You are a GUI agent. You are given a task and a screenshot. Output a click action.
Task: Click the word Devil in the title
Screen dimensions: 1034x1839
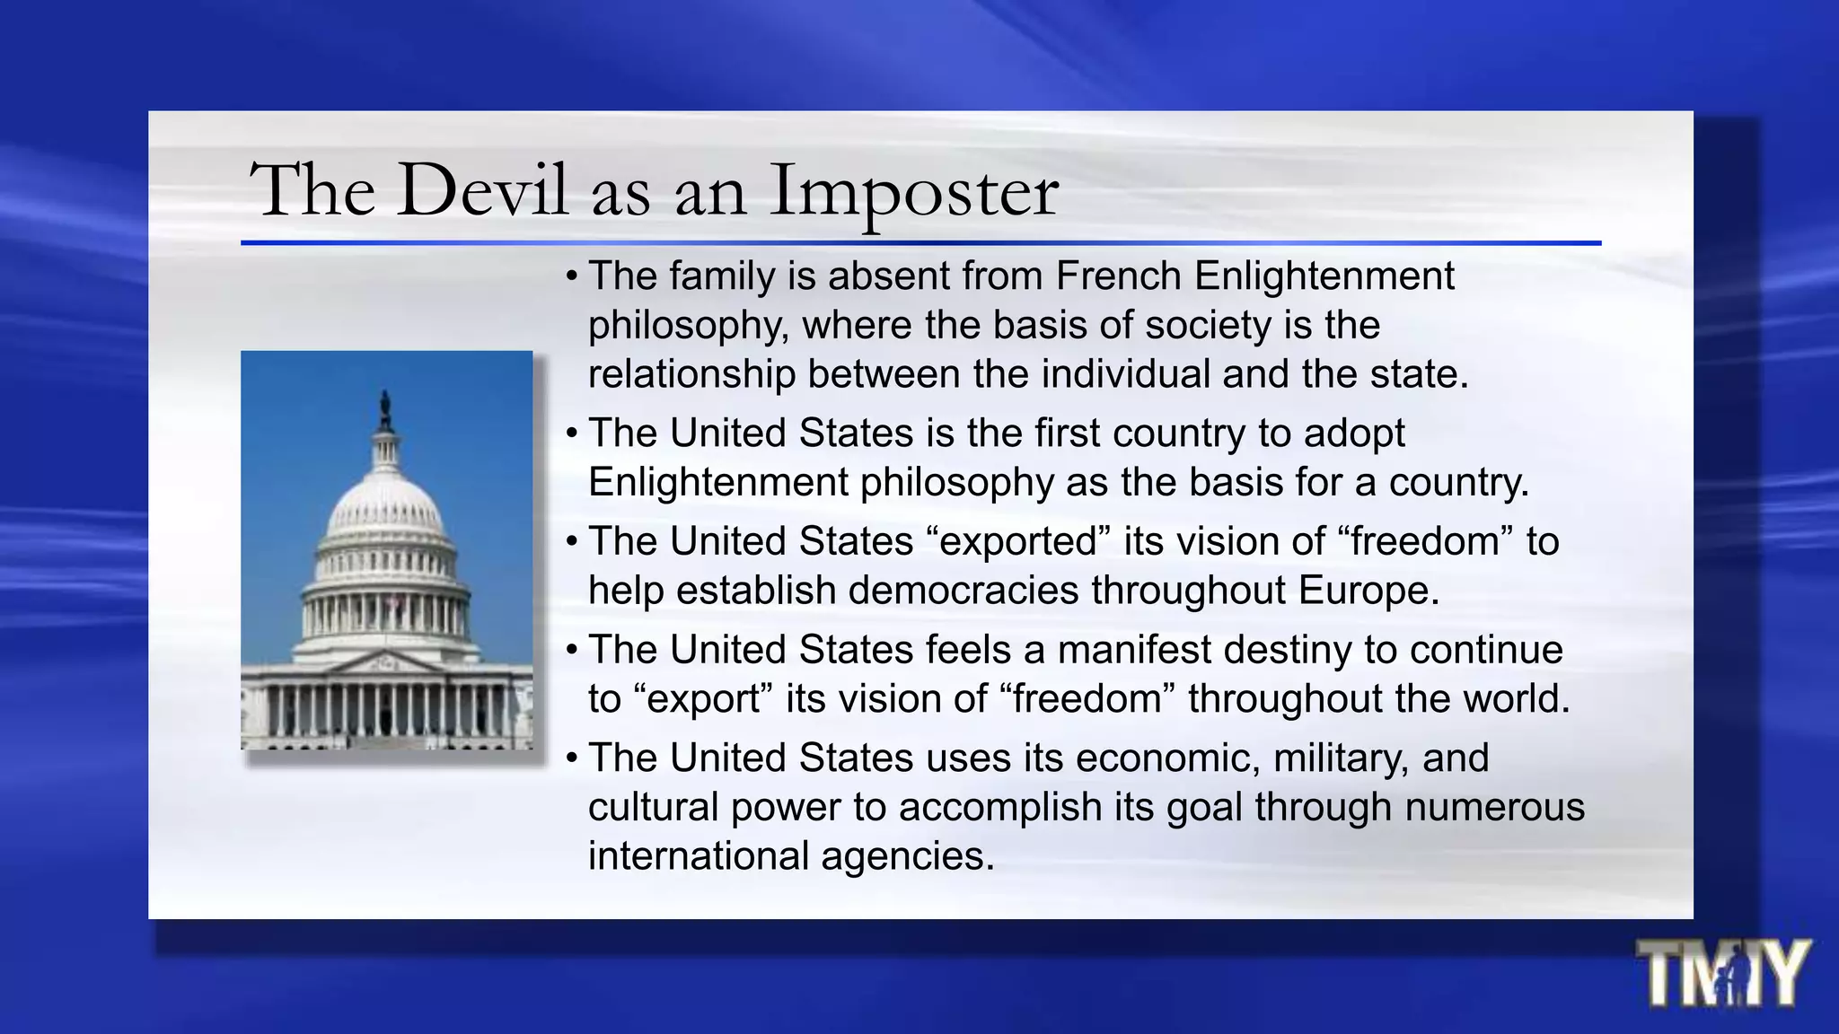click(x=483, y=190)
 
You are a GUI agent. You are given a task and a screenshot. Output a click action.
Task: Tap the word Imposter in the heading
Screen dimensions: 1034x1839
click(x=914, y=192)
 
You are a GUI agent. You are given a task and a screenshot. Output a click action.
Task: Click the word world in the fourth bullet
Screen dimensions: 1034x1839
click(x=1516, y=699)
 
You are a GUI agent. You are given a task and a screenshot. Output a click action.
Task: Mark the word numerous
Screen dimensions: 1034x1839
click(x=1495, y=807)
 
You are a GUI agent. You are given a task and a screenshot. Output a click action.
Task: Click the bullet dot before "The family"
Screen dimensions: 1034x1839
click(x=572, y=276)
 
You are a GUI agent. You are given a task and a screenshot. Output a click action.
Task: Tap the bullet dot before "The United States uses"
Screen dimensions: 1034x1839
click(x=572, y=758)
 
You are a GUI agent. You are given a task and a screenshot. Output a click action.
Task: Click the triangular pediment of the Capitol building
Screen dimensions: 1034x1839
click(x=386, y=663)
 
